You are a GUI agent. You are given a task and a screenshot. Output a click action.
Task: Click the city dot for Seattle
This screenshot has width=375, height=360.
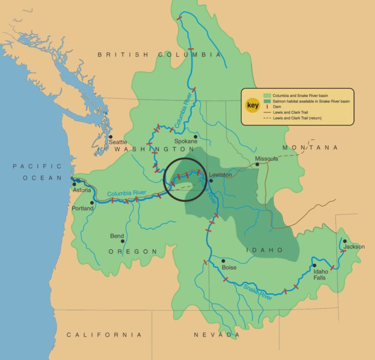coord(111,137)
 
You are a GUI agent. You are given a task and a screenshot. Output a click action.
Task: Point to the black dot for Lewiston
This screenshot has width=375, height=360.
coord(211,180)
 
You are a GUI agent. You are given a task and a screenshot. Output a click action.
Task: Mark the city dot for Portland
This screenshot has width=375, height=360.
coord(91,202)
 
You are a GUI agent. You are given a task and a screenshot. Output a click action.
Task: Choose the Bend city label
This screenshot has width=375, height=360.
coord(117,236)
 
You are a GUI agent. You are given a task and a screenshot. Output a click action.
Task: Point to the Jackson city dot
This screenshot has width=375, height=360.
coord(345,240)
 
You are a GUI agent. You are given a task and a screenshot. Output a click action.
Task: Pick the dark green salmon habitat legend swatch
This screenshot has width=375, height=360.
coord(267,101)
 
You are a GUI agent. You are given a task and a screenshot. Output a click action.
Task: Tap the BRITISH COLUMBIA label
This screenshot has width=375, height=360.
coord(159,55)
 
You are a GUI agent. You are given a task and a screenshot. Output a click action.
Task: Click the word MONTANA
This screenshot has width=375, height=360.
coord(310,147)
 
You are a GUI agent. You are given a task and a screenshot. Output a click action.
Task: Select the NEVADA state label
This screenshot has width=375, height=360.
coord(217,335)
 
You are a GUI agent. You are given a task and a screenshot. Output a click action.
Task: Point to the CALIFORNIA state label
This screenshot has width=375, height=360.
coord(104,335)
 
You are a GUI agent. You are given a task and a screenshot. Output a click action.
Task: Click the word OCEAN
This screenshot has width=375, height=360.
coord(42,178)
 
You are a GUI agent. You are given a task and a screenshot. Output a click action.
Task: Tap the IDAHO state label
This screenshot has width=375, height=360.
coord(264,250)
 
